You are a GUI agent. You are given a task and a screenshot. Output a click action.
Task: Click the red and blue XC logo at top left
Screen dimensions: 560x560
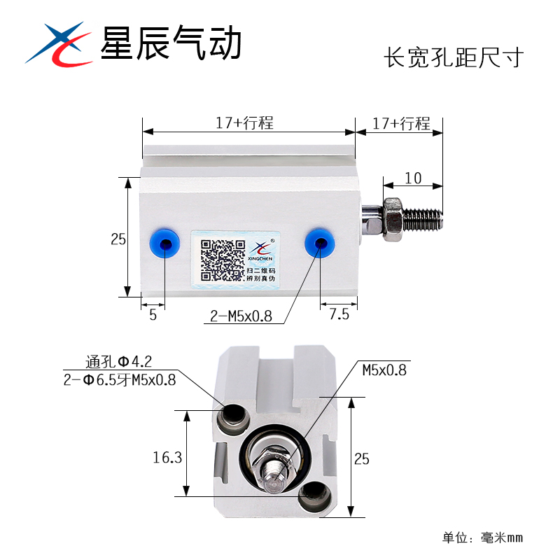[59, 44]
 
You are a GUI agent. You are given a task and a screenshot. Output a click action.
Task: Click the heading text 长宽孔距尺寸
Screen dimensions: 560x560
[454, 57]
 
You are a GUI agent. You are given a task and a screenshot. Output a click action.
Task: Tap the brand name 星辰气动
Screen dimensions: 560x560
[171, 43]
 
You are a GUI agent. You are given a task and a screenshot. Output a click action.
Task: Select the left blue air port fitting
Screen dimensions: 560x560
[164, 244]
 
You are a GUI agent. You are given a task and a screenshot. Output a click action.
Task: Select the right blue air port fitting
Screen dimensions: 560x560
[320, 242]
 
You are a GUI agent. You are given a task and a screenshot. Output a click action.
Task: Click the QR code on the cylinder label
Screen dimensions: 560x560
[222, 260]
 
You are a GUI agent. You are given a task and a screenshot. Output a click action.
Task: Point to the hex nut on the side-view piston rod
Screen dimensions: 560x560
[393, 219]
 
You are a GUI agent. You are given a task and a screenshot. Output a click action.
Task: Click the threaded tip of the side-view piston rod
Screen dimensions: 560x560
[423, 219]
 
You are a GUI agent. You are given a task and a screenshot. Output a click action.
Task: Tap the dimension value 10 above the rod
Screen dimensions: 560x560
[413, 178]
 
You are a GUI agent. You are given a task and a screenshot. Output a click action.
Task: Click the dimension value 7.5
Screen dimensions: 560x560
[339, 314]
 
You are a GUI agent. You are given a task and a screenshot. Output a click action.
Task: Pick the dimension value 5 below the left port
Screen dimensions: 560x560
[153, 315]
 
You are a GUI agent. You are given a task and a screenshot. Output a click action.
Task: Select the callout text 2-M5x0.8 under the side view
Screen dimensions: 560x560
[241, 316]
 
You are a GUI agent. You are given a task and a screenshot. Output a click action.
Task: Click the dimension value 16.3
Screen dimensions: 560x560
[167, 458]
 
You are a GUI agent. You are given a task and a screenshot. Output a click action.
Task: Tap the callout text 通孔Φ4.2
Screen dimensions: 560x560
[118, 362]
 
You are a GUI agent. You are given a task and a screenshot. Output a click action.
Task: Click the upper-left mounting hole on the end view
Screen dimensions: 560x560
[233, 418]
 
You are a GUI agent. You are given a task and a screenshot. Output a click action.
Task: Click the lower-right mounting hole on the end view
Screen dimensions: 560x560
[313, 496]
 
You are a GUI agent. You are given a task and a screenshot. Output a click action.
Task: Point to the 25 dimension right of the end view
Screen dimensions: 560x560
[362, 458]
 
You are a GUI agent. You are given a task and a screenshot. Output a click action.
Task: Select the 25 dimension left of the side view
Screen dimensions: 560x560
[118, 239]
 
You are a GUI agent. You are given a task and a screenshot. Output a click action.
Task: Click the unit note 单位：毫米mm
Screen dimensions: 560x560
[482, 538]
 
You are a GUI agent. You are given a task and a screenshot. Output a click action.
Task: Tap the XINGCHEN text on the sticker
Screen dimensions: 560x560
[260, 258]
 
